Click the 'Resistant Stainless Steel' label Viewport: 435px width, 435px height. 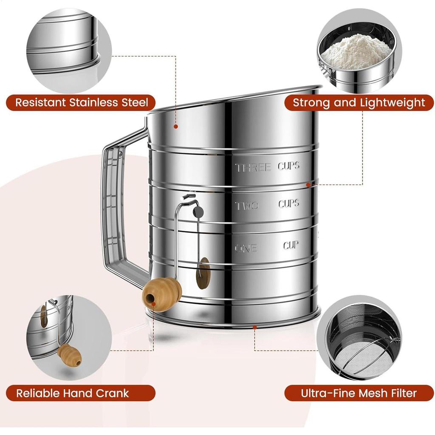[81, 102]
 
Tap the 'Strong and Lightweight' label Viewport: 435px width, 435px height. [359, 102]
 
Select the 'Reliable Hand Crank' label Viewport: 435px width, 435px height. [73, 393]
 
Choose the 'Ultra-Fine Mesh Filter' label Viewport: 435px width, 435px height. [359, 393]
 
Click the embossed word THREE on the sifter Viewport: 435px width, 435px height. [253, 167]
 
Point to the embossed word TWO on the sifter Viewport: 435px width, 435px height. [247, 206]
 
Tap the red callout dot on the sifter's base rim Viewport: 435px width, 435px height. [254, 327]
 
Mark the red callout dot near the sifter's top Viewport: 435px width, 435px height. [175, 126]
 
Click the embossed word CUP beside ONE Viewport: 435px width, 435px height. [291, 246]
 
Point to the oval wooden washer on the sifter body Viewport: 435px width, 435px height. [203, 273]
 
